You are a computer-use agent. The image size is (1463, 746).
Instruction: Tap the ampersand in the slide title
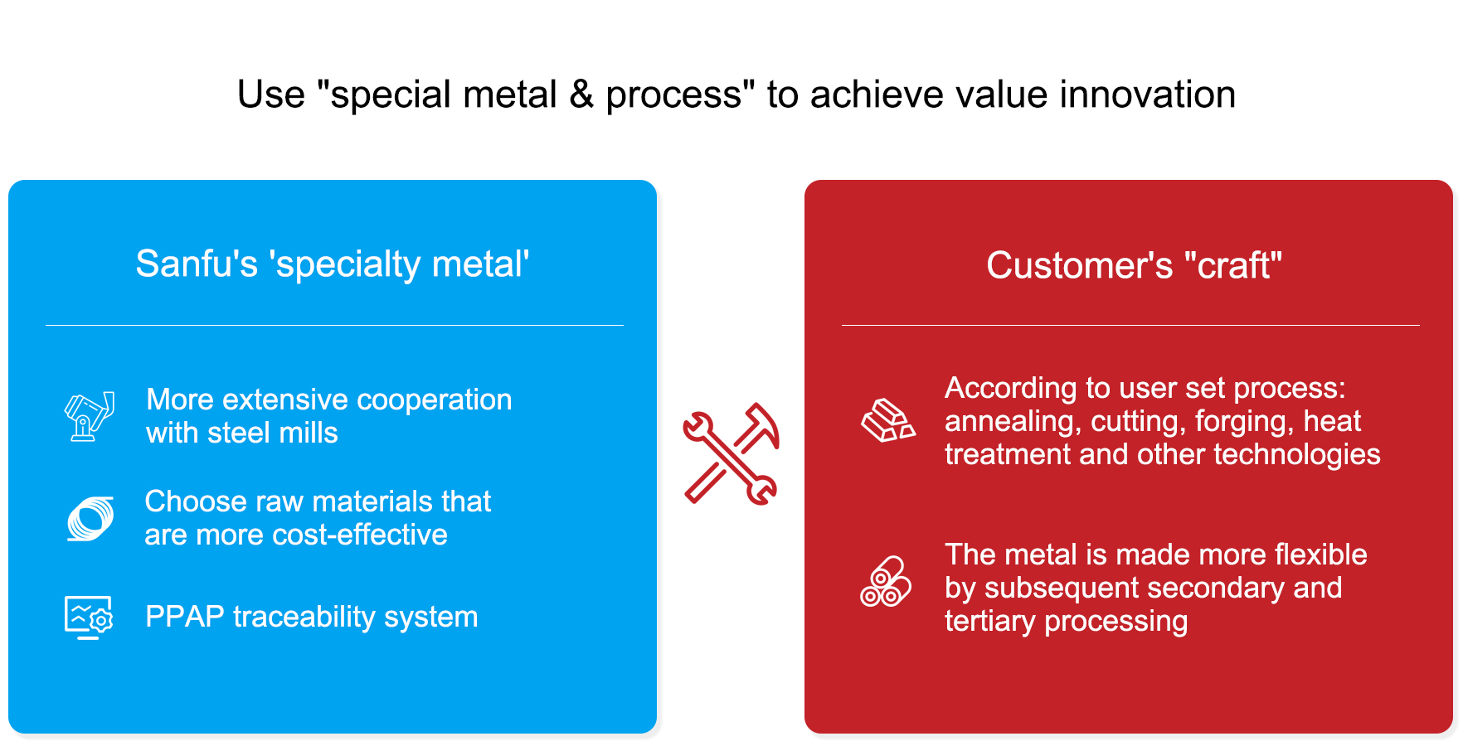point(581,94)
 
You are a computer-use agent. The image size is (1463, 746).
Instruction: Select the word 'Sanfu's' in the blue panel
point(197,264)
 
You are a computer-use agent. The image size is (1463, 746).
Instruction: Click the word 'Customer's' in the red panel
point(1079,266)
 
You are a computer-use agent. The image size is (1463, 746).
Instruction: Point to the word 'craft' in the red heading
point(1233,266)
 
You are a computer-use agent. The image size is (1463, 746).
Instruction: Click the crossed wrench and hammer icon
point(731,453)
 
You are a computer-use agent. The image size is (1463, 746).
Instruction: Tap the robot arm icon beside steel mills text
point(90,416)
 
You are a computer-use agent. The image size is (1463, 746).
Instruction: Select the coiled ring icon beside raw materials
point(90,519)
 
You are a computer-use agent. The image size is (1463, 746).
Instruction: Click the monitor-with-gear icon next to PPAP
point(89,618)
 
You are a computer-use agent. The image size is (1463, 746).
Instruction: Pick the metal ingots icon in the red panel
point(887,420)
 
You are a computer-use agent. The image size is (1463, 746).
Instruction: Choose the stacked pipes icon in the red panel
point(886,582)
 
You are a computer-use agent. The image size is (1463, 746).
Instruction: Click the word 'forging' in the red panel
point(1244,422)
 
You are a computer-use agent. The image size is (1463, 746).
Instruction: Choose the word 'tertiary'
point(990,622)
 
